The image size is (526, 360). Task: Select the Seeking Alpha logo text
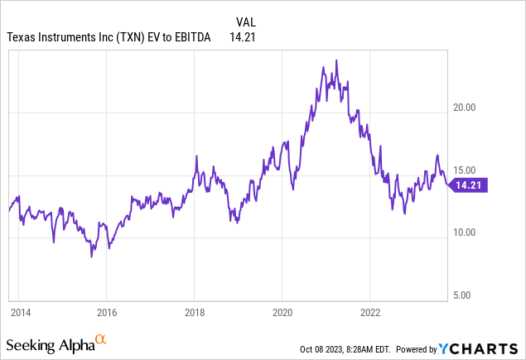pos(49,343)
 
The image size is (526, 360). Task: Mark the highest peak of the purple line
pos(335,60)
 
